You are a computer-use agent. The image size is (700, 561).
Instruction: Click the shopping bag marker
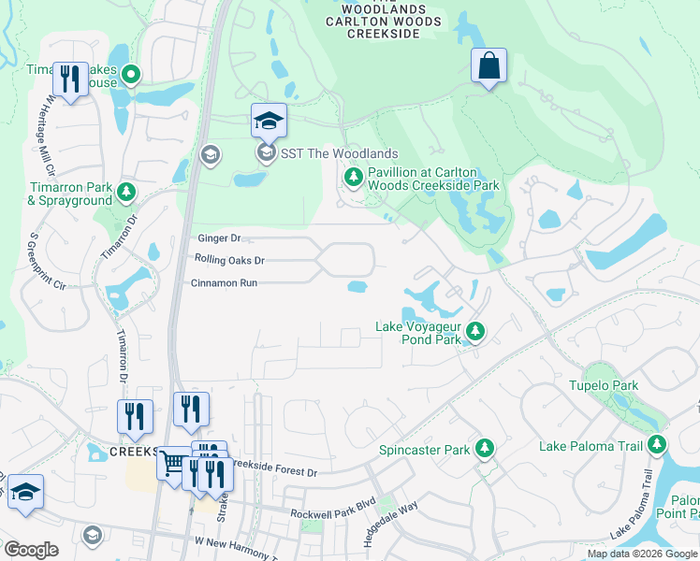coord(489,66)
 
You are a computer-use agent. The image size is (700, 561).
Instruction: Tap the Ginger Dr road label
coord(219,239)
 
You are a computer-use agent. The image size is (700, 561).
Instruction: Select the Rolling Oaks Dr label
coord(229,260)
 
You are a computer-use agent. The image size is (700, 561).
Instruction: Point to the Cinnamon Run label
coord(223,282)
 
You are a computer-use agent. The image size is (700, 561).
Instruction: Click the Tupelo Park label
coord(604,385)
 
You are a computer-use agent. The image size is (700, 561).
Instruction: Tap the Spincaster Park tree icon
coord(485,450)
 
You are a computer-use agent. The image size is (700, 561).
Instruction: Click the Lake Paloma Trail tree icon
coord(658,445)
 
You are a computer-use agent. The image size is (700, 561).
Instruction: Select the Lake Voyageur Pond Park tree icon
coord(476,330)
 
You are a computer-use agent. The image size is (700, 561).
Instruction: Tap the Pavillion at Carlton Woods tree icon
coord(353,177)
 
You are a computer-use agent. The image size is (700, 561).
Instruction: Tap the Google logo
coord(31,550)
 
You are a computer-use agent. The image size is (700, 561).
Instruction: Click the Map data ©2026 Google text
coord(642,554)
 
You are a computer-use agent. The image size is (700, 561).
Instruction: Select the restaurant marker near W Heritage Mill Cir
coord(70,79)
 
